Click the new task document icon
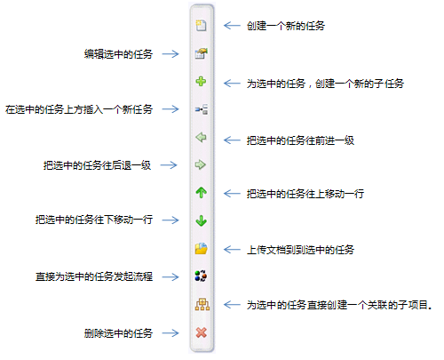tap(201, 26)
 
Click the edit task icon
tap(201, 53)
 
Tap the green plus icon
tap(201, 81)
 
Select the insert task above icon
tap(202, 109)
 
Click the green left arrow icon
tap(201, 137)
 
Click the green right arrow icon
tap(201, 164)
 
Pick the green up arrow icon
tap(202, 193)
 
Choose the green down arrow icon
tap(202, 220)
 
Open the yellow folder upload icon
tap(202, 249)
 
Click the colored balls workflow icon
tap(201, 276)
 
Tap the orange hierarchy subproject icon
tap(202, 304)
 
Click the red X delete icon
tap(202, 332)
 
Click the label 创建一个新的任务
tap(286, 26)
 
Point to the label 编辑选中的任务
tap(118, 54)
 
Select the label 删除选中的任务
tap(118, 333)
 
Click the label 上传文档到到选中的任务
tap(300, 250)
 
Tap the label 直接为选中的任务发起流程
tap(94, 276)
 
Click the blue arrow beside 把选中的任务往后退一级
tap(169, 165)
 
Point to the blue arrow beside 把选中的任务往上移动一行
tap(232, 194)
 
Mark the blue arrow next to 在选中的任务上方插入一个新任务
tap(170, 109)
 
